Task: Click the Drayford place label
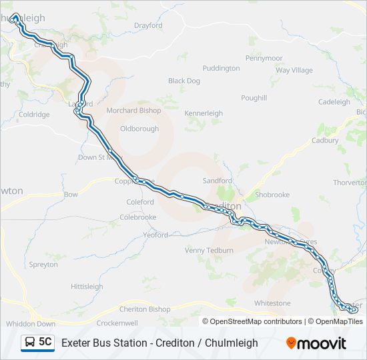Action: (x=148, y=26)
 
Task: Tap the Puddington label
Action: (x=221, y=69)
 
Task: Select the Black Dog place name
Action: (x=184, y=81)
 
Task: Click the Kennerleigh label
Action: (x=204, y=114)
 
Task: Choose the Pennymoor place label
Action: (x=264, y=59)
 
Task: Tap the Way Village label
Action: (x=294, y=71)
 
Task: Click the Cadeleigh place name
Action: (x=334, y=102)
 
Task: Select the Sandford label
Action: (x=218, y=181)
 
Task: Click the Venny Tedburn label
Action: (x=210, y=251)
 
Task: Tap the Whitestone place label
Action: (x=272, y=303)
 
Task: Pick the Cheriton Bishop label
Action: (x=145, y=309)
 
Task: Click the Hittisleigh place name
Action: (x=87, y=287)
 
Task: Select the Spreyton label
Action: (x=43, y=265)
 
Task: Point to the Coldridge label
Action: (x=34, y=115)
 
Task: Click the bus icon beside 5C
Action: (x=30, y=343)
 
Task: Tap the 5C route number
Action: (x=45, y=342)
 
